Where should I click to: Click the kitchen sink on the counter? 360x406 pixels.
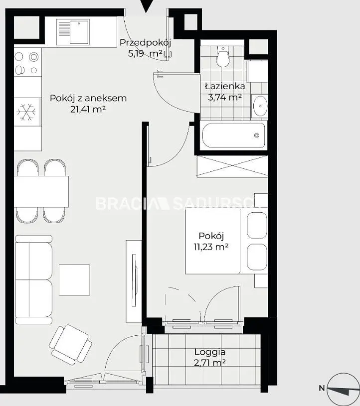coord(73,32)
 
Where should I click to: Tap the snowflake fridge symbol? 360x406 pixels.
coord(26,112)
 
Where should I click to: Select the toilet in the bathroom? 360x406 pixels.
coord(223,56)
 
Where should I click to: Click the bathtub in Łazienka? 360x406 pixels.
coord(233,135)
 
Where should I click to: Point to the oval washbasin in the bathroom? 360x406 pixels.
coord(260,106)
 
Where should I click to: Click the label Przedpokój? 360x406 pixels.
coord(146,43)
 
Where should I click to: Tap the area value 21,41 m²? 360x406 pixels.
coord(88,110)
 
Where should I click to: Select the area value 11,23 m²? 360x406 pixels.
coord(211,247)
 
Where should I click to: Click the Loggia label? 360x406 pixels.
coord(210,352)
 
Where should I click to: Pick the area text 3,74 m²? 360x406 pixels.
coord(225,97)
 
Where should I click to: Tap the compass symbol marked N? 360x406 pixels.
coord(343,389)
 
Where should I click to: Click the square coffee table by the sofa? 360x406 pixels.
coord(74,280)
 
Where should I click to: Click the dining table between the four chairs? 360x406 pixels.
coord(41,191)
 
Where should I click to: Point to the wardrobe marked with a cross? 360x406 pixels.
coord(232,166)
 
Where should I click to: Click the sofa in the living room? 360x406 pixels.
coord(34,279)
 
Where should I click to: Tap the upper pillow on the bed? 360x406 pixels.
coord(257,225)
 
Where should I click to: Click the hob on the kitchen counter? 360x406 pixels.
coord(27,63)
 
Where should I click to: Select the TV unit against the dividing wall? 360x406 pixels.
coord(134,281)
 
